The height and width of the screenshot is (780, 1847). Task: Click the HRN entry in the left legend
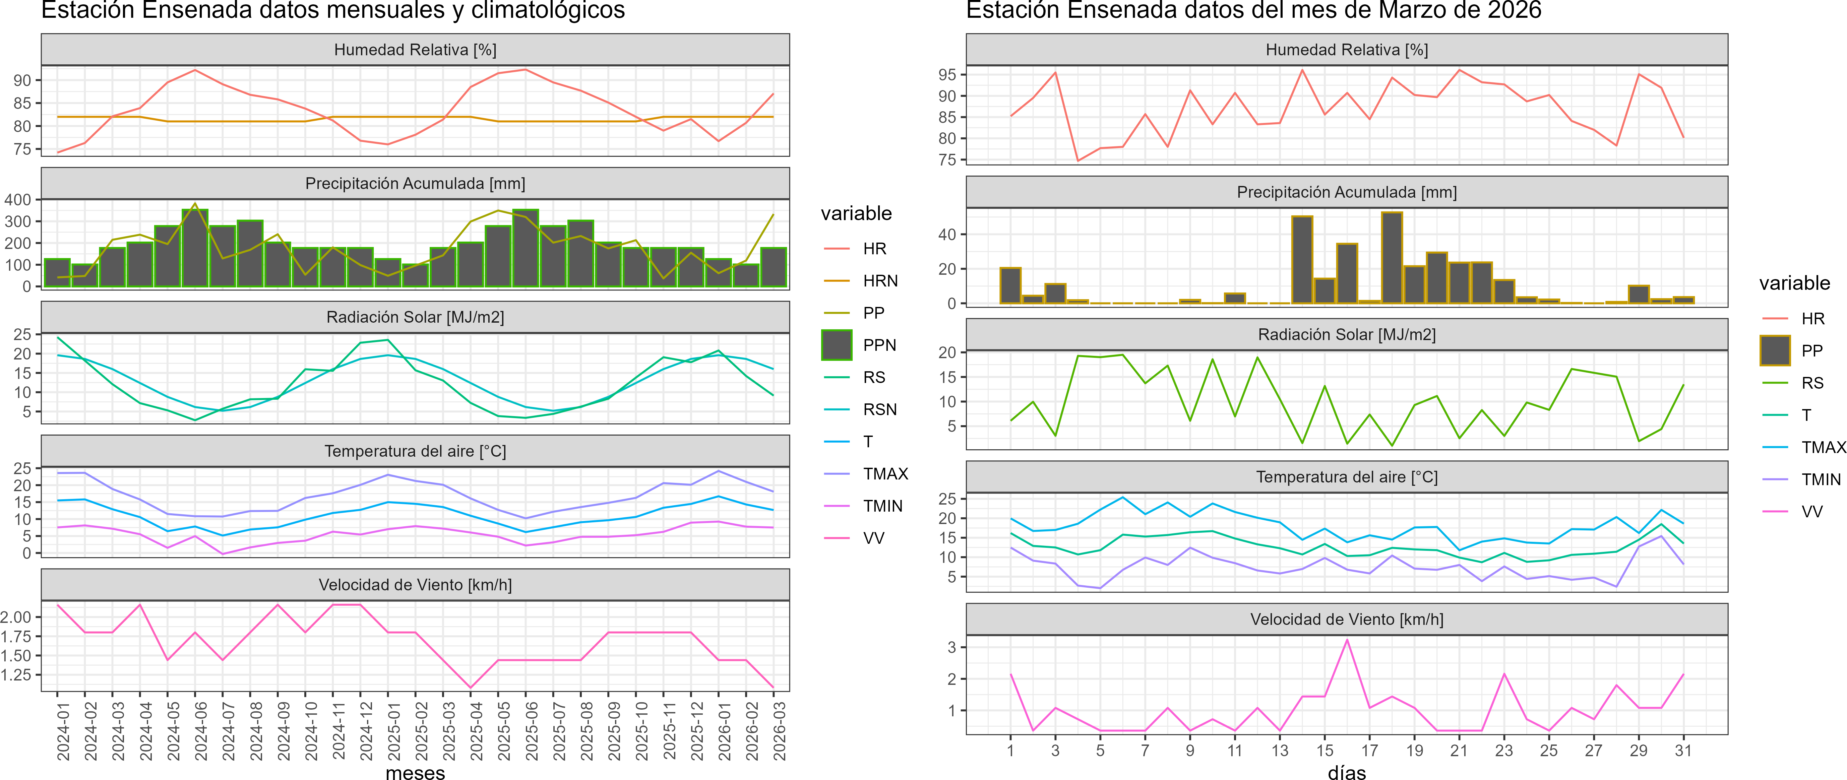click(880, 281)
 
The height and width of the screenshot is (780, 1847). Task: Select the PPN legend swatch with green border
click(837, 345)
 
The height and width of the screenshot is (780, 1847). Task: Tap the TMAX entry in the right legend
click(1823, 447)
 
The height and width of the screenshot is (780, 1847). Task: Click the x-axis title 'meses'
click(415, 772)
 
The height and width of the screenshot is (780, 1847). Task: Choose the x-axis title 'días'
click(1347, 772)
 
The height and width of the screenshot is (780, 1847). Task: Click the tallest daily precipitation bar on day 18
click(1392, 258)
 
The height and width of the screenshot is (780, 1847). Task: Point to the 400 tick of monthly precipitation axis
click(18, 200)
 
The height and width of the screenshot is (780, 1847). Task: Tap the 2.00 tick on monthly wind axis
click(16, 617)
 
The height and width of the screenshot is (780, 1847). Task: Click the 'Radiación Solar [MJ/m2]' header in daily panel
click(1347, 335)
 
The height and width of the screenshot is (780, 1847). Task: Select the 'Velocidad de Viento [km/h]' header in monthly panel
click(415, 585)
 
